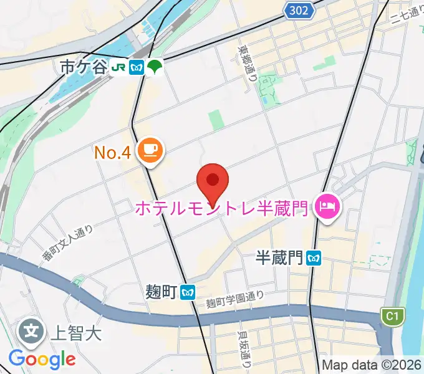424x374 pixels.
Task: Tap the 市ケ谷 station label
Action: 84,67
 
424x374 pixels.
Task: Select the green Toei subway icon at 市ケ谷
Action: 154,67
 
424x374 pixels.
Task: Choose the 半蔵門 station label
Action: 279,257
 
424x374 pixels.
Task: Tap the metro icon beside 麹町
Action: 187,291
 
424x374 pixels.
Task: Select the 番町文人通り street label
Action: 67,243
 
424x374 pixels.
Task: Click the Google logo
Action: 42,358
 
